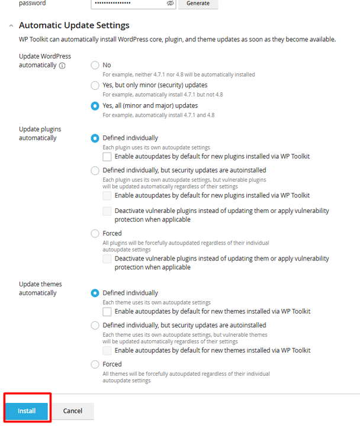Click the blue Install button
(27, 411)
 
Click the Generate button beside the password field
(198, 4)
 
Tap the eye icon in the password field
(170, 4)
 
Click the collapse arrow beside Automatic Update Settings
(11, 26)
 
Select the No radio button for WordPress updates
(95, 65)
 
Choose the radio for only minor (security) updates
(95, 85)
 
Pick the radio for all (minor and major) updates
(95, 106)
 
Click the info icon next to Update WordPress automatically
(62, 66)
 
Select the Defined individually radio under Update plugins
(95, 138)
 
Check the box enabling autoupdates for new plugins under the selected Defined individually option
(107, 157)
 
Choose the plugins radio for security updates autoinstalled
(95, 170)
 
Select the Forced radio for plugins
(95, 234)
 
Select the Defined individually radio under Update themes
(95, 293)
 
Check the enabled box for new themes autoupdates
(107, 311)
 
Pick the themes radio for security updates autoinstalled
(95, 325)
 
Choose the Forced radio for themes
(95, 364)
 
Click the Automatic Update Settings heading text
(74, 25)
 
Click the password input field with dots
(127, 4)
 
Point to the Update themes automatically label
(40, 288)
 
